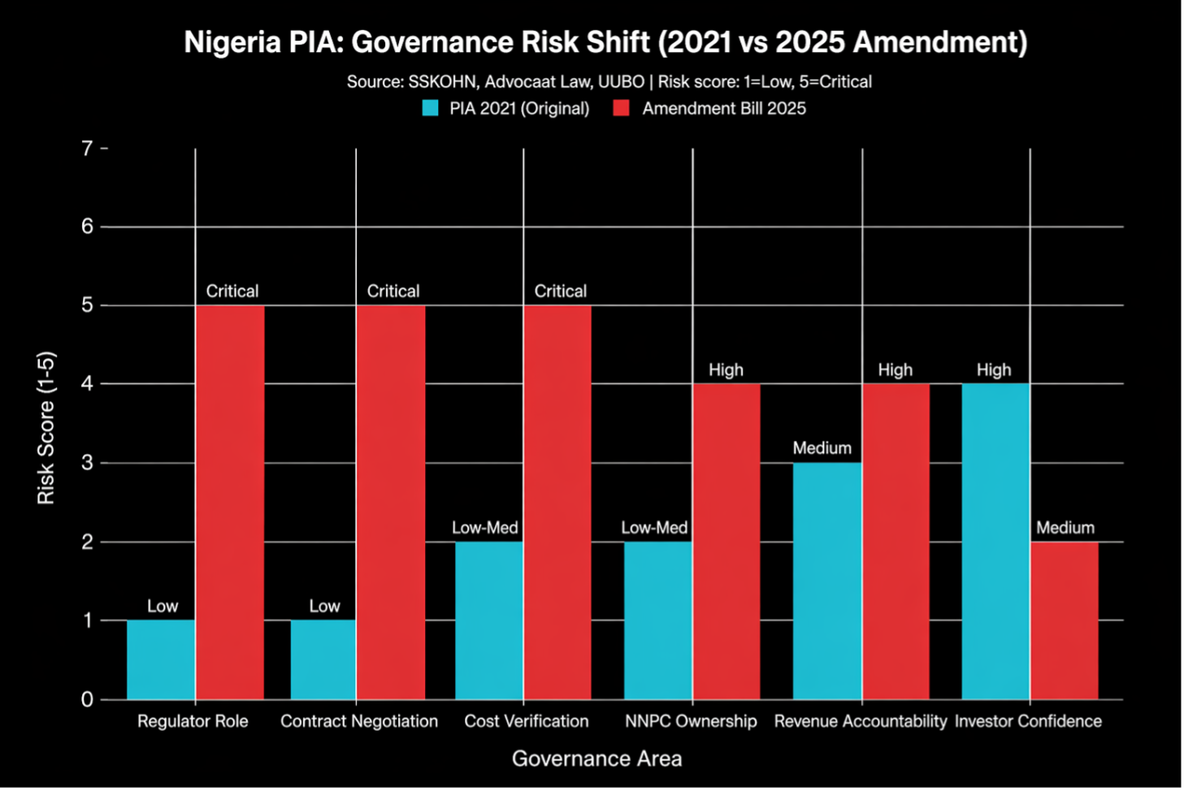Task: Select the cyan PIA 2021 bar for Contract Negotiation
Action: (x=323, y=659)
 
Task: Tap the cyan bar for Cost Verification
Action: (x=489, y=620)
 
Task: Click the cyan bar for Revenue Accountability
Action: (x=827, y=581)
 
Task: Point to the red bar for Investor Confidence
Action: (x=1065, y=620)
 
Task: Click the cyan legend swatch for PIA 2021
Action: (x=431, y=108)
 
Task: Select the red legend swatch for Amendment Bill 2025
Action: (x=622, y=108)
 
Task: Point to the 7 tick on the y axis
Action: (x=87, y=149)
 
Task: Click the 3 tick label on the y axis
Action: (x=87, y=463)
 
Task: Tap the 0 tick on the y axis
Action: (x=87, y=699)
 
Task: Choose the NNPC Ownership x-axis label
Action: (x=691, y=721)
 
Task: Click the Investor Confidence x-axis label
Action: (x=1028, y=721)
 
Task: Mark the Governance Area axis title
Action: (x=596, y=759)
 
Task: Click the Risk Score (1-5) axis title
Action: (x=46, y=427)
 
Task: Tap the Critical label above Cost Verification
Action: (x=560, y=291)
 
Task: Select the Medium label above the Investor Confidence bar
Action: (x=1065, y=528)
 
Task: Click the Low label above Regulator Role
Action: (x=163, y=606)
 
